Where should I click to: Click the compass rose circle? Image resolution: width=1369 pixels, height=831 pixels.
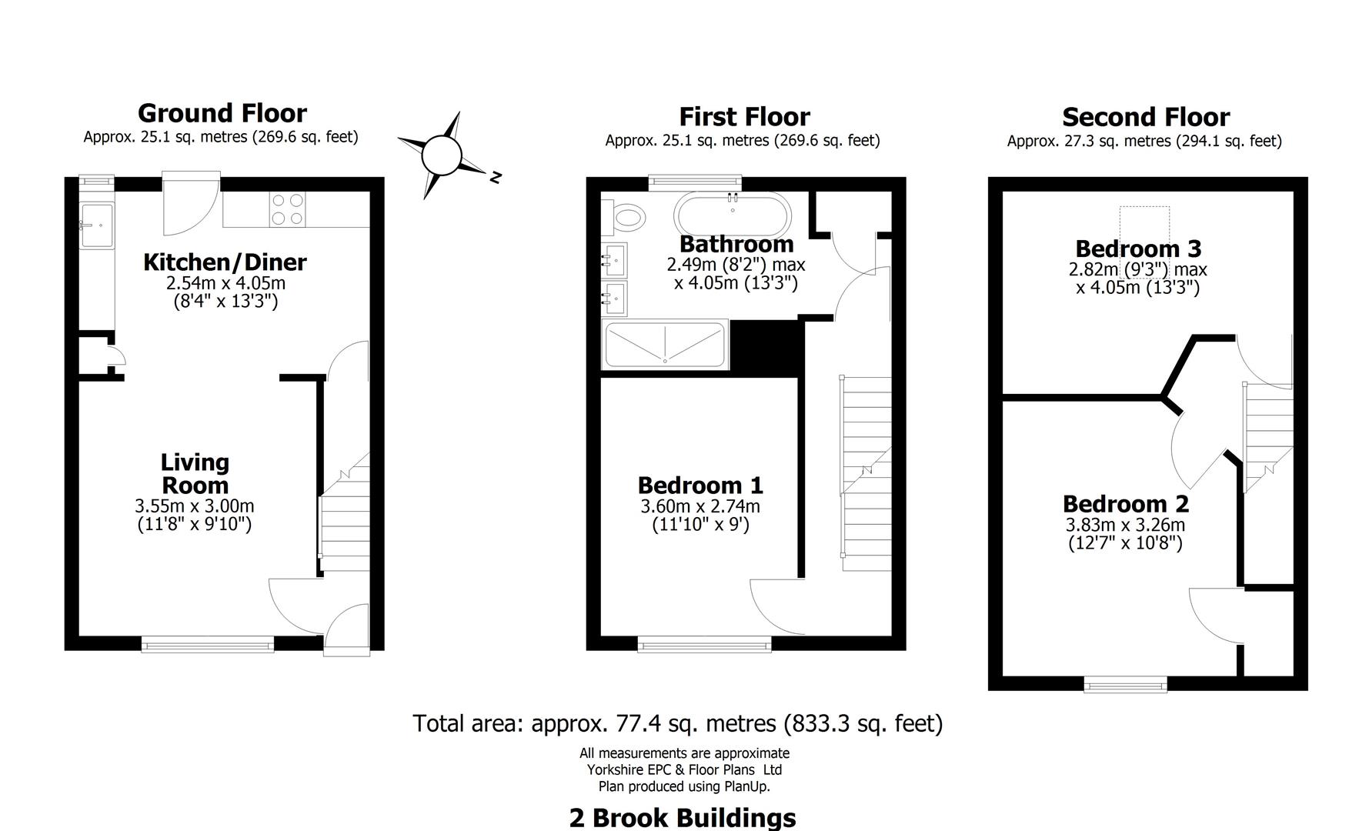click(x=441, y=155)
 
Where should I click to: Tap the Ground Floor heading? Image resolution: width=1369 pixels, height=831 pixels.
click(x=222, y=114)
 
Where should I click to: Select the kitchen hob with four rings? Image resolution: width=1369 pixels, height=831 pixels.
click(x=286, y=209)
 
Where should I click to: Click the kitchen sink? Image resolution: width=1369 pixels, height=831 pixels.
click(x=96, y=225)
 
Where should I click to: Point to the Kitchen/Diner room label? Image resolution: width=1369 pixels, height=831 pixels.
click(x=225, y=262)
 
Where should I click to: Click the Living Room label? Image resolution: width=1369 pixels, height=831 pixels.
click(x=195, y=474)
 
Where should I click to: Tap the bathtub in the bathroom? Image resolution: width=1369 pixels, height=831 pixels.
click(x=732, y=213)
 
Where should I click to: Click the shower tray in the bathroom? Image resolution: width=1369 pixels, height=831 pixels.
click(x=665, y=345)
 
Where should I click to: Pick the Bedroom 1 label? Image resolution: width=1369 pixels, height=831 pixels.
click(x=700, y=486)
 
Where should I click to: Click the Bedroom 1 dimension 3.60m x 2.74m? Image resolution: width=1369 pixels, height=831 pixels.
click(x=700, y=507)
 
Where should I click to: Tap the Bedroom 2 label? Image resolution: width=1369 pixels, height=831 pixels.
click(x=1125, y=505)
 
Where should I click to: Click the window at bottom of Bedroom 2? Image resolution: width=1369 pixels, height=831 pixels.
click(x=1125, y=683)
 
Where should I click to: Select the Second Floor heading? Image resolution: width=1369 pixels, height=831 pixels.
click(x=1145, y=118)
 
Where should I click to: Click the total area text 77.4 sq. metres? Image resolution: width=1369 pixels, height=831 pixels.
click(x=677, y=724)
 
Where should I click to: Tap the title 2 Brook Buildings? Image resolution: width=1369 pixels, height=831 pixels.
click(x=683, y=817)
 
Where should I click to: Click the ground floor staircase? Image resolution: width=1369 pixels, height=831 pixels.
click(x=343, y=516)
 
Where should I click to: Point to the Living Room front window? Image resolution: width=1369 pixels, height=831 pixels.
click(x=207, y=643)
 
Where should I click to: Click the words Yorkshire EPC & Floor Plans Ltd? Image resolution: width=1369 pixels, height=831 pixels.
click(x=684, y=769)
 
